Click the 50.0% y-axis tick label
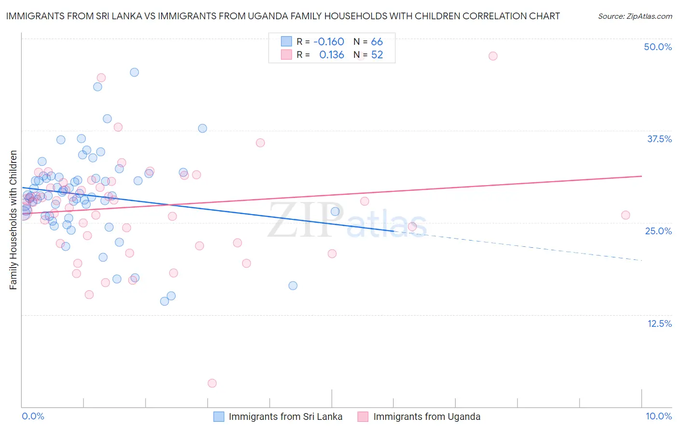pos(658,47)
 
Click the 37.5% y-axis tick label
pos(659,139)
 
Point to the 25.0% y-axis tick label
pos(658,231)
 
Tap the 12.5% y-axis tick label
pos(659,323)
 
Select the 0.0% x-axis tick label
pos(33,416)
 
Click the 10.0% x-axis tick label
pos(659,416)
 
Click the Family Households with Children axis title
pos(13,220)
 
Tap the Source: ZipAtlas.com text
pos(635,16)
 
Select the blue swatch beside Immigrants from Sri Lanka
pos(219,417)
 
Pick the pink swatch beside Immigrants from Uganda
pos(363,417)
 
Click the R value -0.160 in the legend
pos(328,41)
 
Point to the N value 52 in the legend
pos(377,54)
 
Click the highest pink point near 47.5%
pos(493,56)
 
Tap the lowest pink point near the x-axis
pos(212,383)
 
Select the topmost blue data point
pos(135,72)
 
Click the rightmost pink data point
pos(625,215)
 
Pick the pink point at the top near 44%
pos(101,78)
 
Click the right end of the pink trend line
pos(641,176)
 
